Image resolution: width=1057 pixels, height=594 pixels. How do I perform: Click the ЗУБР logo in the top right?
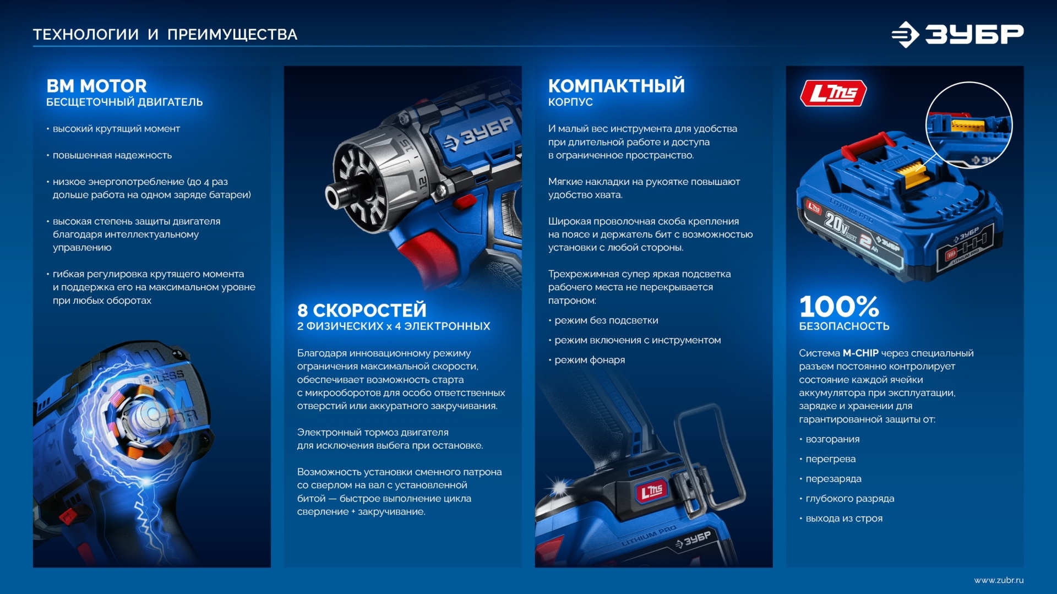pyautogui.click(x=958, y=34)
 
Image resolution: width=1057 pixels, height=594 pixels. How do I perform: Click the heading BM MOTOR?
pyautogui.click(x=96, y=86)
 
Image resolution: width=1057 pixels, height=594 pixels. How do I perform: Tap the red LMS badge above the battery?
pyautogui.click(x=833, y=93)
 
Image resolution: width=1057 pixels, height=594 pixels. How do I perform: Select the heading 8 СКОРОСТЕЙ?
pyautogui.click(x=362, y=310)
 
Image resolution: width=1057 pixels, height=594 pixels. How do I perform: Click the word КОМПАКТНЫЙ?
pyautogui.click(x=616, y=86)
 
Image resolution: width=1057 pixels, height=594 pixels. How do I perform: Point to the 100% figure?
pyautogui.click(x=838, y=307)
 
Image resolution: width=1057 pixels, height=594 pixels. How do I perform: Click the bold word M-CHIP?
pyautogui.click(x=860, y=353)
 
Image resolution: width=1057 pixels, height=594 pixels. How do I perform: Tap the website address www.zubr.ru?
pyautogui.click(x=998, y=580)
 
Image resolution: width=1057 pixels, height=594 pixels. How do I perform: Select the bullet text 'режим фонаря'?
pyautogui.click(x=589, y=360)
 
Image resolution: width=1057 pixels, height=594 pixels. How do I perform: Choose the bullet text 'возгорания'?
pyautogui.click(x=832, y=439)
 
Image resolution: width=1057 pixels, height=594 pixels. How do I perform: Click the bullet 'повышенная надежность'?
pyautogui.click(x=112, y=155)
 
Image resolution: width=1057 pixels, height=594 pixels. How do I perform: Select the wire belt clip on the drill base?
pyautogui.click(x=710, y=457)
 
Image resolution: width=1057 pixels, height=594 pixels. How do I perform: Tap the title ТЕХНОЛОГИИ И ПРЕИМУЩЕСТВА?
pyautogui.click(x=165, y=35)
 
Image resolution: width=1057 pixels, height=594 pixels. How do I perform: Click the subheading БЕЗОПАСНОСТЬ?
pyautogui.click(x=844, y=326)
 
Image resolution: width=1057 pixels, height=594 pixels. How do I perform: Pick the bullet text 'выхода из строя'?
pyautogui.click(x=843, y=519)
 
